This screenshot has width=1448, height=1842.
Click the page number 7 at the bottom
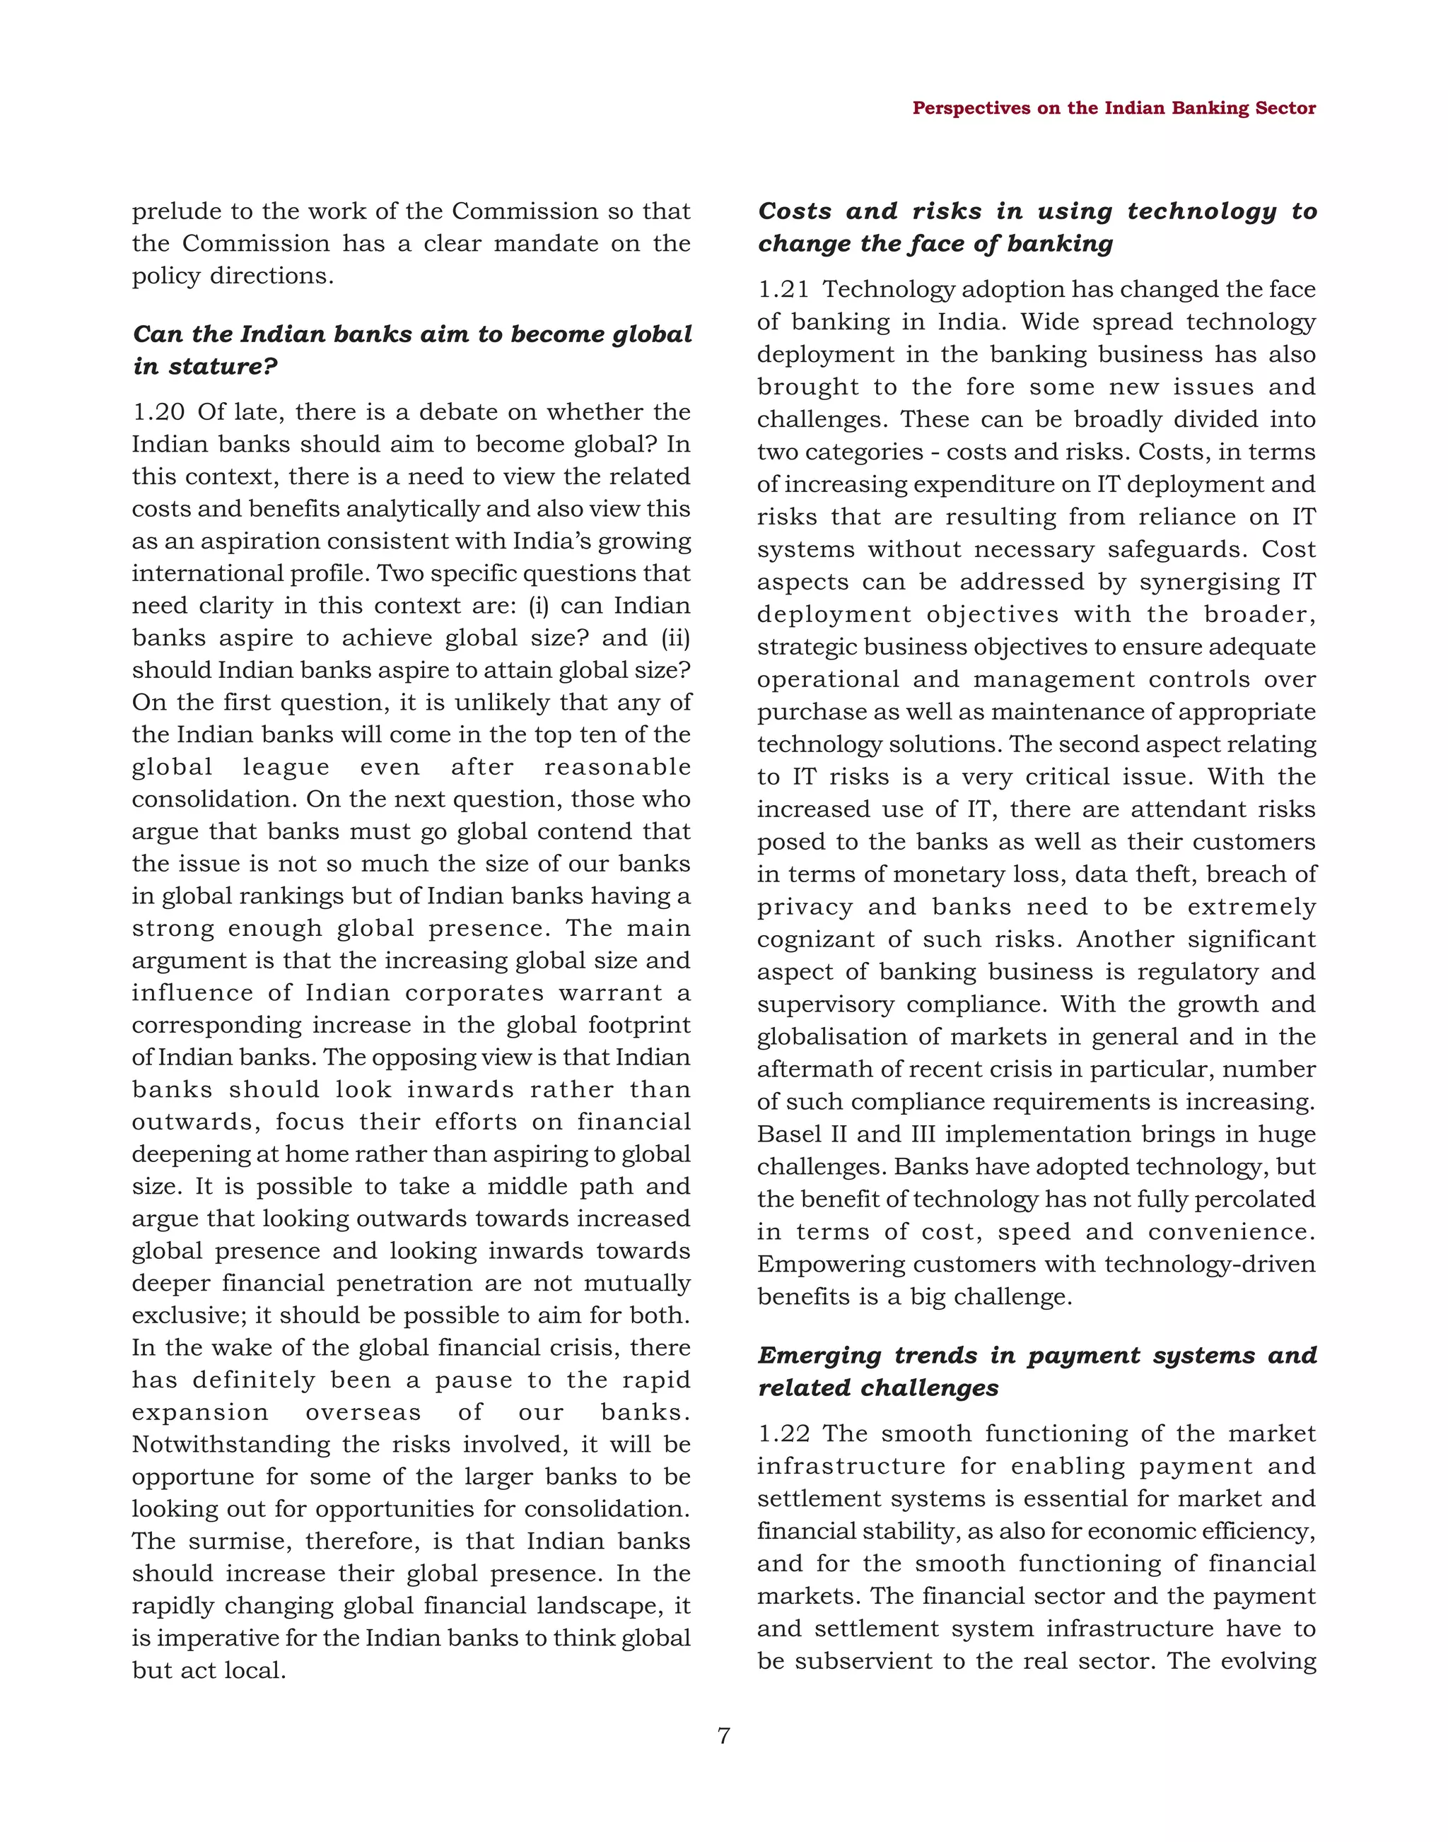pyautogui.click(x=723, y=1735)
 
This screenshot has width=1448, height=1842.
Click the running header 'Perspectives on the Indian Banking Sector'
pyautogui.click(x=1113, y=109)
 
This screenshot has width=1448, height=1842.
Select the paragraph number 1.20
pyautogui.click(x=158, y=412)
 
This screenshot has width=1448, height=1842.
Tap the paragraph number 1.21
pyautogui.click(x=783, y=290)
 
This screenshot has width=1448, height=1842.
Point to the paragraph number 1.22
pyautogui.click(x=783, y=1433)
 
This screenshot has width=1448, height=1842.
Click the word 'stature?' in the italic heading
pyautogui.click(x=224, y=367)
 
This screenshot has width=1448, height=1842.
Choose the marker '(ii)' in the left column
pyautogui.click(x=676, y=638)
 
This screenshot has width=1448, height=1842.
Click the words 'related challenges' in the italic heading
pyautogui.click(x=877, y=1388)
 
